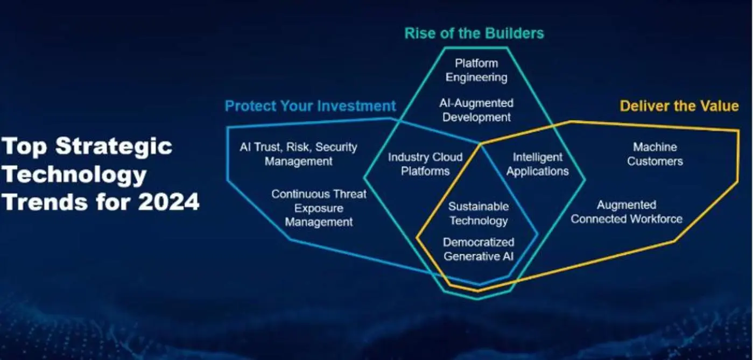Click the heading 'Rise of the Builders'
pyautogui.click(x=474, y=33)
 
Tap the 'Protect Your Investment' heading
pyautogui.click(x=310, y=106)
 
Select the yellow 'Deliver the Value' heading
pyautogui.click(x=679, y=106)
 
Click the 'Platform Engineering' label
pyautogui.click(x=476, y=70)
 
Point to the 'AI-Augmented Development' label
pyautogui.click(x=476, y=110)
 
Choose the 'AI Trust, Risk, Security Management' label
pyautogui.click(x=299, y=154)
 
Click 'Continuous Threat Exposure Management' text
pyautogui.click(x=319, y=208)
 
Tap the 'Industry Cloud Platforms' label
pyautogui.click(x=425, y=164)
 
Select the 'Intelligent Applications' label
pyautogui.click(x=538, y=164)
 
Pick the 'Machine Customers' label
pyautogui.click(x=655, y=154)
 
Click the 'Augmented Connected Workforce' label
pyautogui.click(x=627, y=212)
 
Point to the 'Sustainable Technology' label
pyautogui.click(x=478, y=214)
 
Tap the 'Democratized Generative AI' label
pyautogui.click(x=478, y=249)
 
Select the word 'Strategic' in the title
pyautogui.click(x=114, y=146)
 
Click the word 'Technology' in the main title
pyautogui.click(x=74, y=175)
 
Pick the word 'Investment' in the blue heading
pyautogui.click(x=357, y=106)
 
